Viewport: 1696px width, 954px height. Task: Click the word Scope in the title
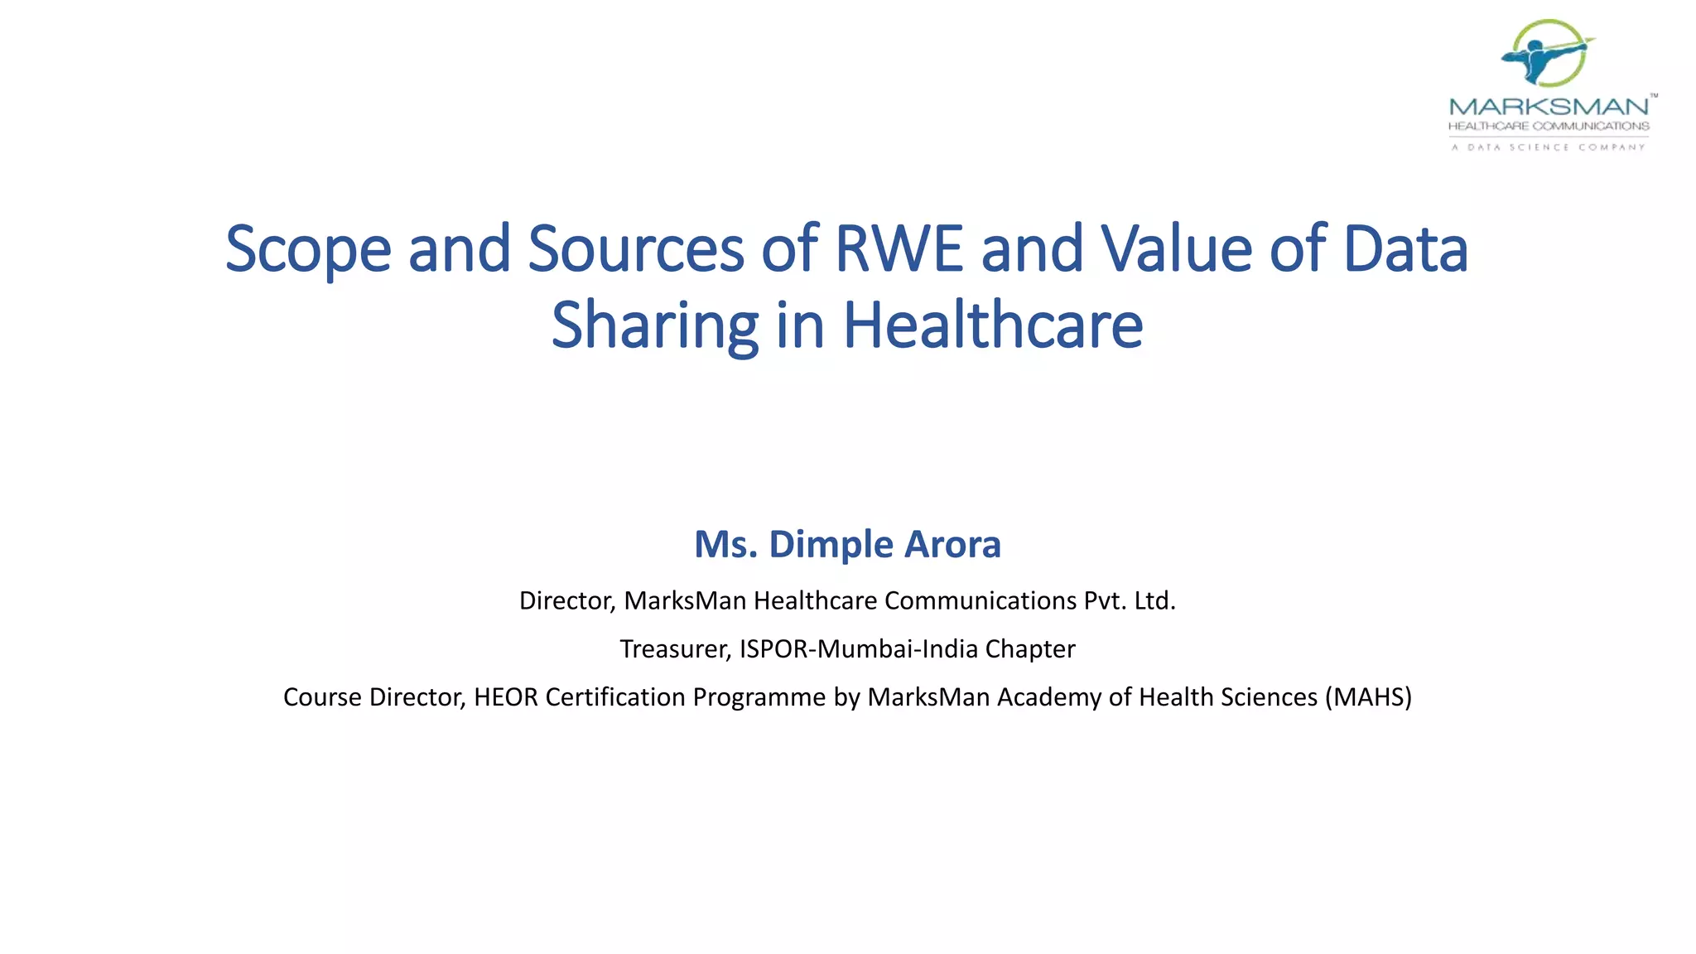click(x=307, y=249)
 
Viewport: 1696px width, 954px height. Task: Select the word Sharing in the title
click(x=654, y=325)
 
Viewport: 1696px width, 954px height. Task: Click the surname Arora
click(x=952, y=544)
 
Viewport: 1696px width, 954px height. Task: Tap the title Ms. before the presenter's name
click(x=725, y=544)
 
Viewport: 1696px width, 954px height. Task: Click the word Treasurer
click(x=675, y=649)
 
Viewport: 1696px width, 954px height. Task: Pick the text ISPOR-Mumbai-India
click(x=858, y=648)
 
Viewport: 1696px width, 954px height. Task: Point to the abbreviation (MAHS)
click(x=1368, y=697)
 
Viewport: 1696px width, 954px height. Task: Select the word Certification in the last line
click(x=615, y=697)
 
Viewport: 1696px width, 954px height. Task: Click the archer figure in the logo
click(x=1545, y=53)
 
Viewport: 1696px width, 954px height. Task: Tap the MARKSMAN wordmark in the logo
click(x=1549, y=107)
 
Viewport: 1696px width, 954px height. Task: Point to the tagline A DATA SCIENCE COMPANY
click(x=1549, y=147)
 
